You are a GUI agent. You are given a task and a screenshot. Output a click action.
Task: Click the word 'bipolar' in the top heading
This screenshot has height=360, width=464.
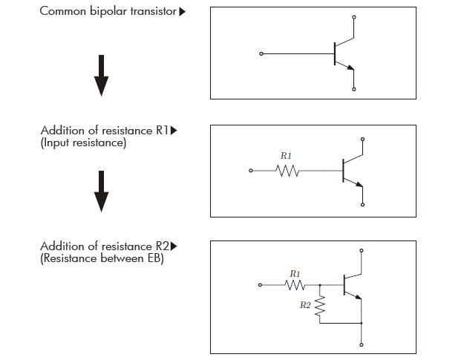tap(108, 11)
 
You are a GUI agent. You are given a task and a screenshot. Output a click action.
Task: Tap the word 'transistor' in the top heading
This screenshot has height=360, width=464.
tap(154, 11)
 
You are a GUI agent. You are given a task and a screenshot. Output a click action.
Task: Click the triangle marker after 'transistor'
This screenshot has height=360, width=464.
tap(183, 12)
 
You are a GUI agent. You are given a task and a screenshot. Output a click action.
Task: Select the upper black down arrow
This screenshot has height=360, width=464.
tap(101, 76)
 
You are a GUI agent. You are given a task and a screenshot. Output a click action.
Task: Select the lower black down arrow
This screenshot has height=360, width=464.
tap(101, 191)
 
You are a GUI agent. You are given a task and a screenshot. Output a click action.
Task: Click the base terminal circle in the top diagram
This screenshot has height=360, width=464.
tap(261, 54)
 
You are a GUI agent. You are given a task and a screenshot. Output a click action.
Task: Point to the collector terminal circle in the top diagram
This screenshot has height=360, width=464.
tap(354, 18)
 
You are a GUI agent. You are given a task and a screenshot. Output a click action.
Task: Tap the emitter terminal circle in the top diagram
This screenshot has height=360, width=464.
tap(354, 89)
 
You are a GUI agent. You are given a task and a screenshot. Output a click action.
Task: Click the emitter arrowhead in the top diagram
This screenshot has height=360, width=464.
tap(350, 68)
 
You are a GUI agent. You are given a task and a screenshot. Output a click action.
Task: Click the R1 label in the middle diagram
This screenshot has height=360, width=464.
tap(286, 156)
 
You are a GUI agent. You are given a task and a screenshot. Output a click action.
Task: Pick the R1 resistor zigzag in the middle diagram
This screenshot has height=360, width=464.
tap(287, 171)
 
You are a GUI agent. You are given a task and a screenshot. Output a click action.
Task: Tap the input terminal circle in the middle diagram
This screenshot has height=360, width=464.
tap(251, 171)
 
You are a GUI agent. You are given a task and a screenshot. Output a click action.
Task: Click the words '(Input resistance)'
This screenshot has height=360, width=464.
tap(83, 143)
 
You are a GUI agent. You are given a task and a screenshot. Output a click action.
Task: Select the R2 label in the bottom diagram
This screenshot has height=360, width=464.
tap(305, 305)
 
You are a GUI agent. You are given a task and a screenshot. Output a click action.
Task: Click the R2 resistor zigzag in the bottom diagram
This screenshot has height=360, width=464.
tap(320, 306)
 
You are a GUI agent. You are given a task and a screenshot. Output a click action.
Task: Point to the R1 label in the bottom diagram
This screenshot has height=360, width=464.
tap(295, 274)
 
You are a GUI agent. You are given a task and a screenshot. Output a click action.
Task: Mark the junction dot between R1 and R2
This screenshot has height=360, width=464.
tap(320, 285)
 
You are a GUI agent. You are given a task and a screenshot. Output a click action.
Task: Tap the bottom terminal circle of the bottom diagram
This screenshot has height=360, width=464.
tap(362, 345)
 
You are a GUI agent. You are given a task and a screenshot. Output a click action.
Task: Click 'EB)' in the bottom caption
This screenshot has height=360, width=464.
tap(156, 258)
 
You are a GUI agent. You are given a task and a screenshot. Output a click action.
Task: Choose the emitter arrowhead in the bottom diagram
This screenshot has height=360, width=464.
tap(359, 297)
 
